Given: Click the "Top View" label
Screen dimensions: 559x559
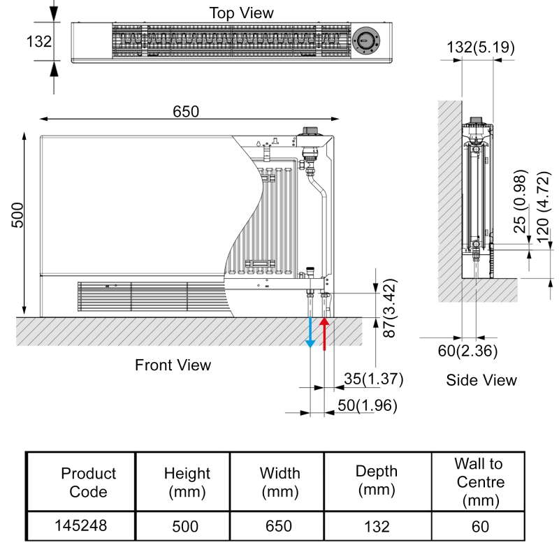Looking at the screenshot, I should coord(241,13).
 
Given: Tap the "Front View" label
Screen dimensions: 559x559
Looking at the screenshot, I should coord(173,365).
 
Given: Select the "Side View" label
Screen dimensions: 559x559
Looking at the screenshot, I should coord(481,380).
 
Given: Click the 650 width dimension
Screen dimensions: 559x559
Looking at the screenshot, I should coord(187,112).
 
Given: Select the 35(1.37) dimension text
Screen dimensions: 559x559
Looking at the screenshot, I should coord(374,379).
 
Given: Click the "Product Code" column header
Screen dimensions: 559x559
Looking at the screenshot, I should coord(89,482).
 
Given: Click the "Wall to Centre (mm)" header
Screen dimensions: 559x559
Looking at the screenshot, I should coord(479,482).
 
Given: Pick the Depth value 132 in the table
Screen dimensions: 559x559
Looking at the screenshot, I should coord(377,526).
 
